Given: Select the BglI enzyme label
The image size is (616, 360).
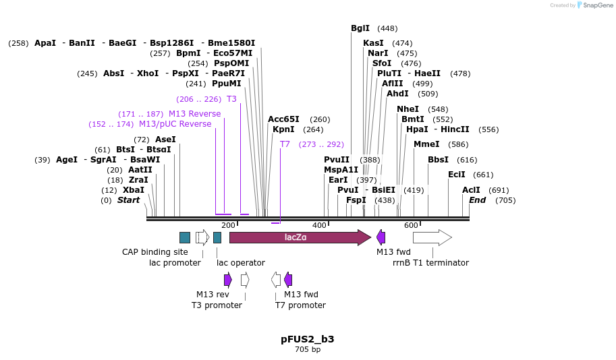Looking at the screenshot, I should [x=360, y=28].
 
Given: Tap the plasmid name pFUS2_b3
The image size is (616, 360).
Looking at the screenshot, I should [x=308, y=339].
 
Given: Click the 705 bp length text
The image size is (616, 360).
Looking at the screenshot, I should [x=308, y=350].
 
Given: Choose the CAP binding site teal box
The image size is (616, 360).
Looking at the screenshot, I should [x=185, y=237].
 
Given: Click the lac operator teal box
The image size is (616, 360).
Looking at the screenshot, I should [x=217, y=237].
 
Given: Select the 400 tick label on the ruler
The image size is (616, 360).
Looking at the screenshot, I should [x=319, y=225].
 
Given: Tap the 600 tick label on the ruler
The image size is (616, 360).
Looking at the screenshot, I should [x=411, y=225].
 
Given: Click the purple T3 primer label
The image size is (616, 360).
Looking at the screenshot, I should [x=231, y=99].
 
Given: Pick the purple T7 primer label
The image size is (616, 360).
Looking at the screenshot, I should [x=285, y=144].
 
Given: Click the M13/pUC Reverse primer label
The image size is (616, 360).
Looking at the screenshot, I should [x=175, y=124].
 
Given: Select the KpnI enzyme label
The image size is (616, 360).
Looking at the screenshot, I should [x=283, y=129].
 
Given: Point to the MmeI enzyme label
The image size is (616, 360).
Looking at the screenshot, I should [x=426, y=144].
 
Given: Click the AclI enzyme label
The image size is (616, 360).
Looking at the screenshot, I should [x=471, y=190].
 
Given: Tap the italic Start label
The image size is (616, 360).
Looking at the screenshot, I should [x=128, y=200].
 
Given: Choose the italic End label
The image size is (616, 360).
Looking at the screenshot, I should [x=477, y=200].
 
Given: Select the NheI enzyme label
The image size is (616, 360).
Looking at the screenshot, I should [x=408, y=109].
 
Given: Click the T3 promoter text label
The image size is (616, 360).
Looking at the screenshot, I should [x=217, y=305].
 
